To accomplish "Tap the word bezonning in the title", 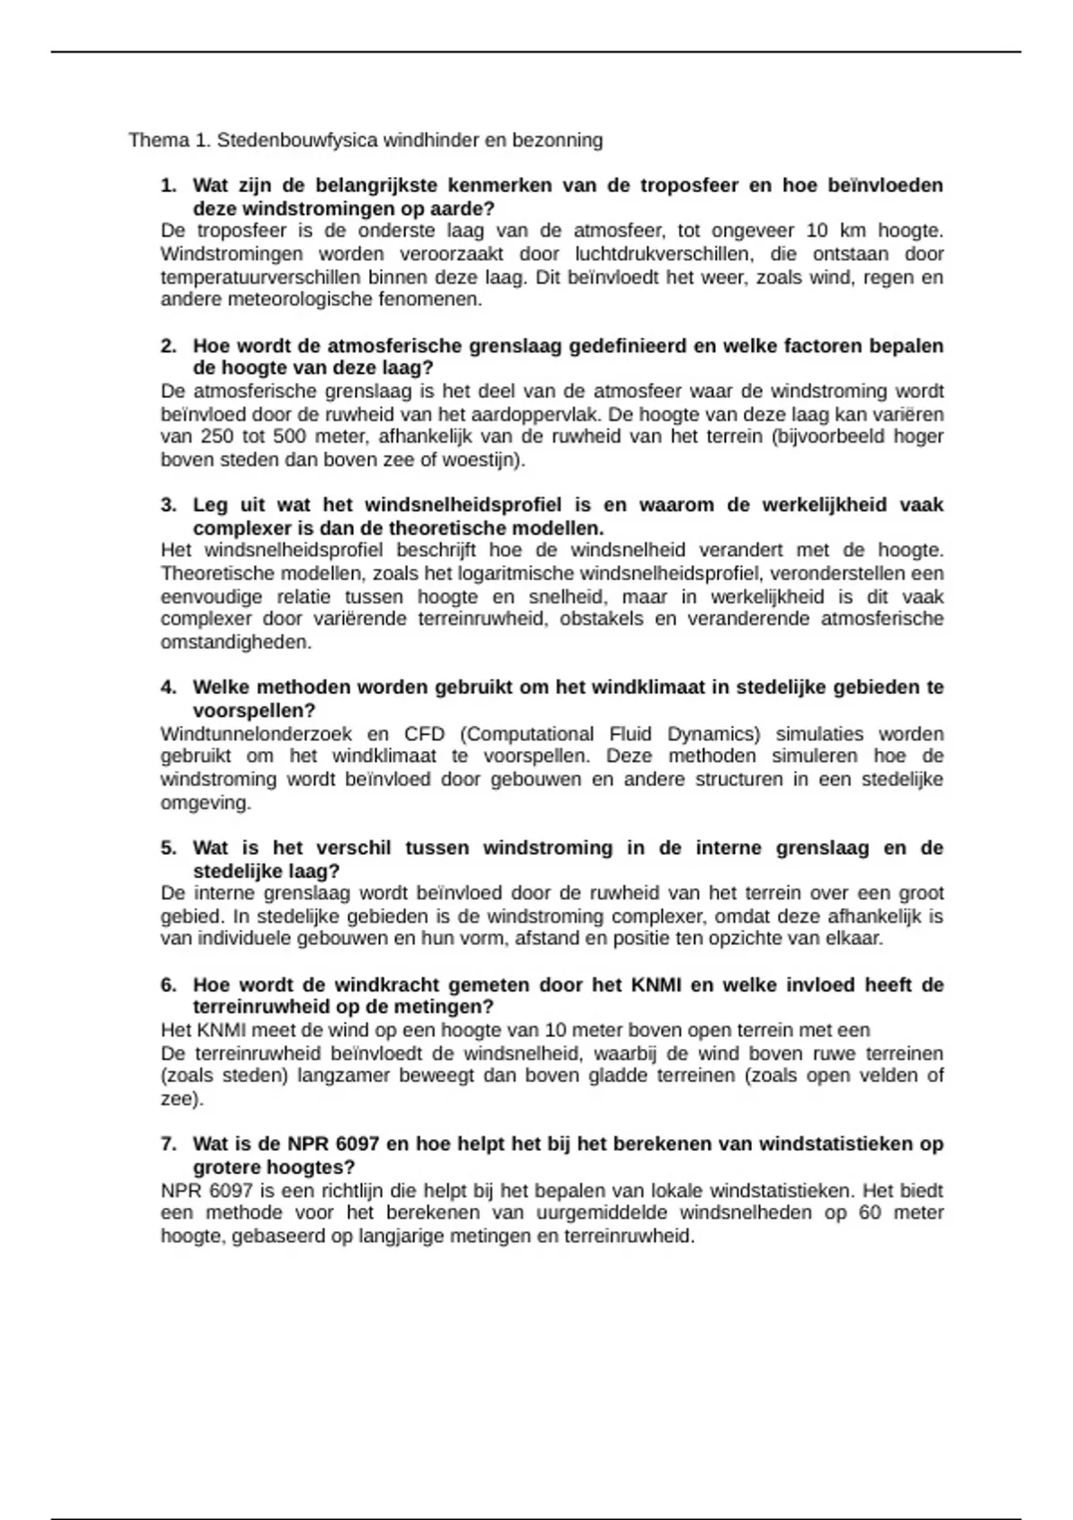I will point(562,140).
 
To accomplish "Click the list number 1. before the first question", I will point(168,186).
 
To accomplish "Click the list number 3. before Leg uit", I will point(168,505).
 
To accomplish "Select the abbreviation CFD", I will point(424,734).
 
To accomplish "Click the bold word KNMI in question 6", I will point(656,985).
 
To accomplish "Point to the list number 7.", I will point(168,1144).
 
